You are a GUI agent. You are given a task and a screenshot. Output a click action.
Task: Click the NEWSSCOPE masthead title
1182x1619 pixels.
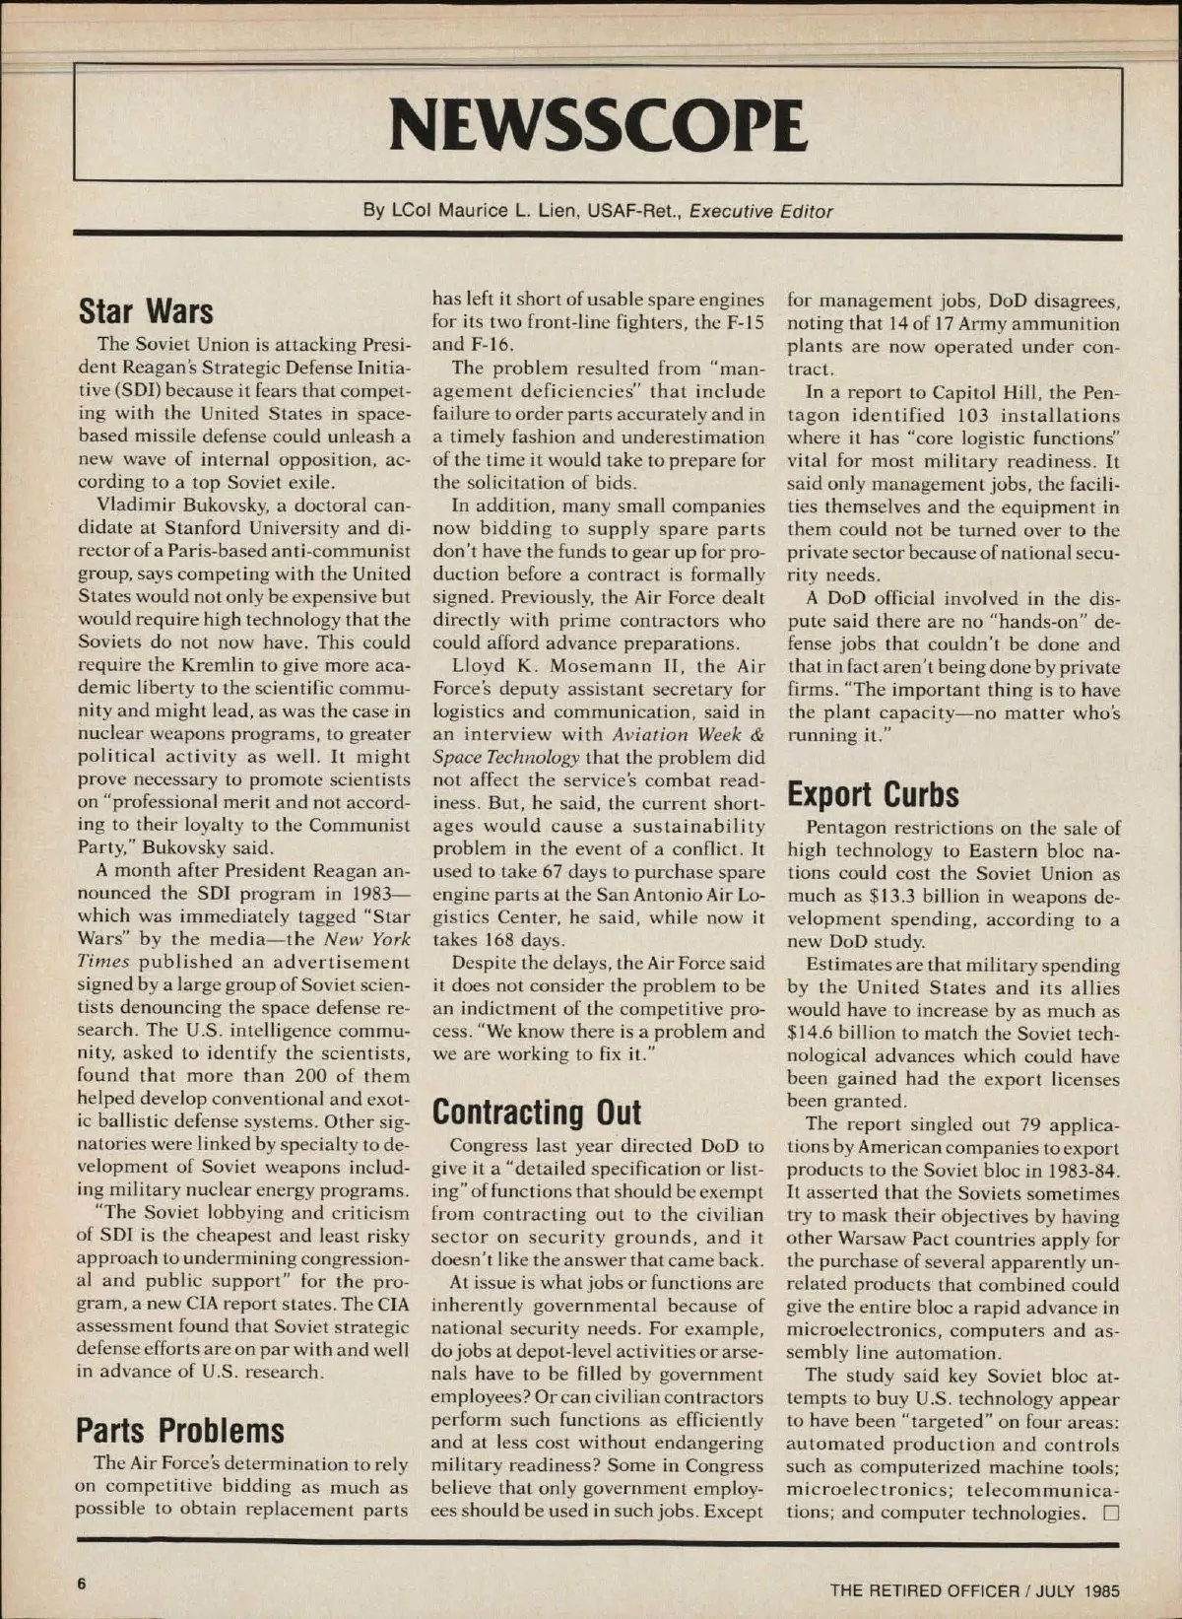(x=598, y=124)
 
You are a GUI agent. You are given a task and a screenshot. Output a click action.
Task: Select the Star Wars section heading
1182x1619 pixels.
(x=146, y=310)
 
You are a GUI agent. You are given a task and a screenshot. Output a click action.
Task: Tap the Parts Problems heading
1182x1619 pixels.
(x=180, y=1430)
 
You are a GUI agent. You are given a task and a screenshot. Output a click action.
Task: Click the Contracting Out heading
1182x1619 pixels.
(x=537, y=1113)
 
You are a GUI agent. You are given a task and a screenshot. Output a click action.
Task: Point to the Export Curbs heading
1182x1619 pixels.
(x=873, y=794)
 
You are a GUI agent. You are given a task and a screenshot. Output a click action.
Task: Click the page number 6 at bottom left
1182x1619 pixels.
(x=82, y=1583)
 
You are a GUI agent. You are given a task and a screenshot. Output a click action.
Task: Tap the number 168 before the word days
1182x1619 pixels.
(x=516, y=940)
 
